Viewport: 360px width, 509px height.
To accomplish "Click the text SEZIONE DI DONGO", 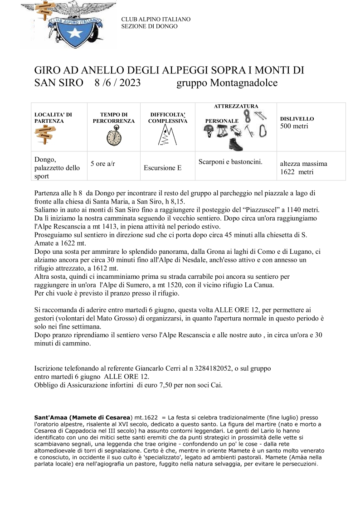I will pos(149,26).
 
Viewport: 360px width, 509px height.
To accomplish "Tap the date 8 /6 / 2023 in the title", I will pos(117,83).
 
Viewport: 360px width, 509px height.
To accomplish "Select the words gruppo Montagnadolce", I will pos(227,83).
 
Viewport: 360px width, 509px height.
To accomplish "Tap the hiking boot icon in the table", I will pos(235,144).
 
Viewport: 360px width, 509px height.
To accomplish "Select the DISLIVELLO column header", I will pos(297,119).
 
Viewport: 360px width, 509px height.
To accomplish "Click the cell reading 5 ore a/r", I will pos(102,164).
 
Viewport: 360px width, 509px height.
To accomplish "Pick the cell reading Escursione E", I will pos(162,168).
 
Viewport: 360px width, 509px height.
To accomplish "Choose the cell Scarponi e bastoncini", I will pos(231,161).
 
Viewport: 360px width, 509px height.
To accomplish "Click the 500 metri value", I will pos(294,126).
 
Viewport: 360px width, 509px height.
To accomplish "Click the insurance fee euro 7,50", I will pos(166,385).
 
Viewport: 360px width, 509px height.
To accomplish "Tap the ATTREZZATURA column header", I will pos(236,106).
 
